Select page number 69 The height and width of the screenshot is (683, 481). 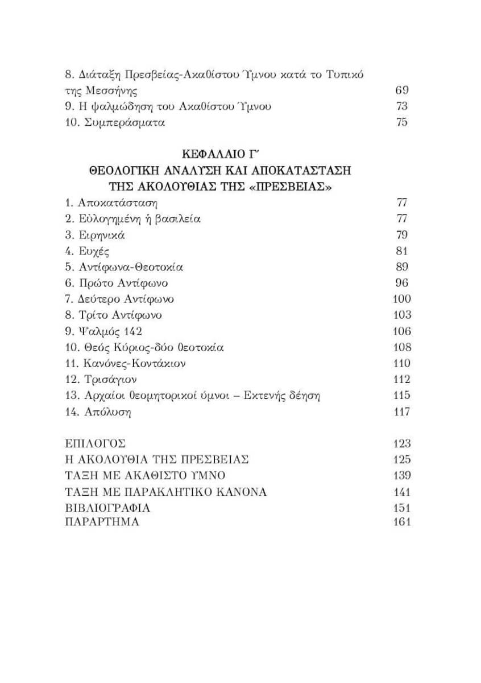click(401, 90)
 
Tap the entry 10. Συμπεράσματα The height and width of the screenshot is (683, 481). click(114, 122)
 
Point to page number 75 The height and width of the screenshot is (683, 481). click(401, 122)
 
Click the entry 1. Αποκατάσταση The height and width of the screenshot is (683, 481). click(111, 203)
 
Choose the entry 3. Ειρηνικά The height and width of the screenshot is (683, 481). click(95, 235)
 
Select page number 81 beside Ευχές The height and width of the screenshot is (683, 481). click(401, 251)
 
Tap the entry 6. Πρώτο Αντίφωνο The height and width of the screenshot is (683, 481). click(117, 283)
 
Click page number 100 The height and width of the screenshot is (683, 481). click(401, 299)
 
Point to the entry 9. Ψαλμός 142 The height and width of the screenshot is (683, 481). click(103, 331)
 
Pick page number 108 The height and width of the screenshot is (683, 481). click(401, 347)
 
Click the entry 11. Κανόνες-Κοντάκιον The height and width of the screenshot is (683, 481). click(126, 363)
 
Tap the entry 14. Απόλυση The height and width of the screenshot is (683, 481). click(98, 412)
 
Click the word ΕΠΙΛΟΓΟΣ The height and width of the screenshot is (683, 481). click(95, 444)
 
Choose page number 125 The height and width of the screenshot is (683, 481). click(401, 460)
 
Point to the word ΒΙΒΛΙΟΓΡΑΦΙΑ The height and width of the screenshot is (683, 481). click(107, 508)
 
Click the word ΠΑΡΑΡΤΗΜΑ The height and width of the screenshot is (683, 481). click(102, 522)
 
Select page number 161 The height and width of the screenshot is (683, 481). click(401, 522)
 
